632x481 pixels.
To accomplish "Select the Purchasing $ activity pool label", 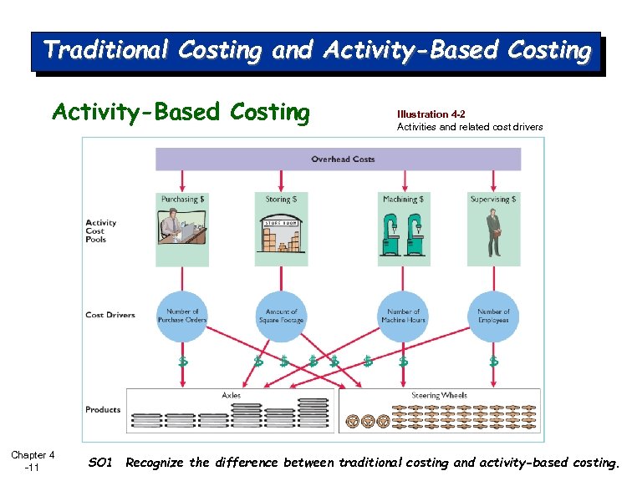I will pyautogui.click(x=182, y=200).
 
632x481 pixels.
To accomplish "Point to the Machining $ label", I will pyautogui.click(x=403, y=200).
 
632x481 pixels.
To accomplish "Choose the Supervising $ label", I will pyautogui.click(x=493, y=200).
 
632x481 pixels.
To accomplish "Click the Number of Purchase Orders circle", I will pyautogui.click(x=182, y=316).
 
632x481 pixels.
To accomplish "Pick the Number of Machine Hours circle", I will pyautogui.click(x=403, y=316).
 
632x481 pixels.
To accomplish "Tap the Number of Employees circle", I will pyautogui.click(x=493, y=316).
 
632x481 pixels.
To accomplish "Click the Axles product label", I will pyautogui.click(x=231, y=395).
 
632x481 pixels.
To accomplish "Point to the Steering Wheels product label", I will pyautogui.click(x=439, y=395).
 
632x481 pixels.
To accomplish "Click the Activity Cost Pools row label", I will pyautogui.click(x=101, y=230).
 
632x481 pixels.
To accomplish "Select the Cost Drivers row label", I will pyautogui.click(x=110, y=315).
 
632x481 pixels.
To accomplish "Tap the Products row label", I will pyautogui.click(x=103, y=410).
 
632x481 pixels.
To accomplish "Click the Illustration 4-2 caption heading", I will pyautogui.click(x=431, y=114).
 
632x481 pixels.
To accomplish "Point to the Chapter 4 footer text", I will pyautogui.click(x=33, y=455).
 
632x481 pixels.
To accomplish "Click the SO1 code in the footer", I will pyautogui.click(x=99, y=463).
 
